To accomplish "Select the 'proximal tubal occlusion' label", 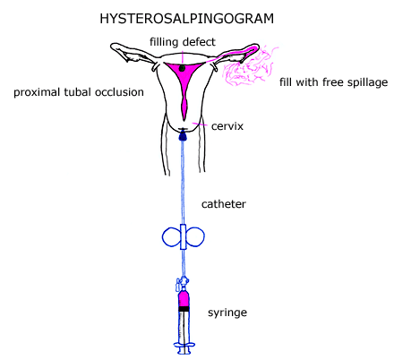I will pyautogui.click(x=79, y=92).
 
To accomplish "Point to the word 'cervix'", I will pyautogui.click(x=227, y=126).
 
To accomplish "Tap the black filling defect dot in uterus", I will pyautogui.click(x=182, y=68).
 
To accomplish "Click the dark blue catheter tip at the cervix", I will pyautogui.click(x=183, y=134).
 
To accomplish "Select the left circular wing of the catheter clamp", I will pyautogui.click(x=170, y=236).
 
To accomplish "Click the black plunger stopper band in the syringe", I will pyautogui.click(x=184, y=308).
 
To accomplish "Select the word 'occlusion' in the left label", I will pyautogui.click(x=121, y=92).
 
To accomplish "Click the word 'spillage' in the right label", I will pyautogui.click(x=366, y=82).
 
